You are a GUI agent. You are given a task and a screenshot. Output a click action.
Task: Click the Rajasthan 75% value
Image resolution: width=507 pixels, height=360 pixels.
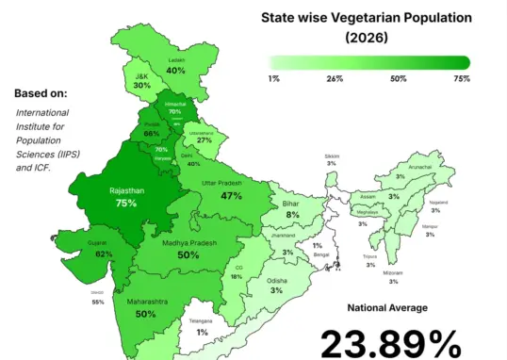(126, 203)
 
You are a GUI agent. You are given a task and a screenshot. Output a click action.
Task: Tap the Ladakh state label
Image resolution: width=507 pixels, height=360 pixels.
(175, 60)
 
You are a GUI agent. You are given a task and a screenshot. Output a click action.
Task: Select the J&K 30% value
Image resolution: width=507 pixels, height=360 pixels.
(142, 85)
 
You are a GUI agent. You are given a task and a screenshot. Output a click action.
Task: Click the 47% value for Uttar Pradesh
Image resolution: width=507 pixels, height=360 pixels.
(231, 196)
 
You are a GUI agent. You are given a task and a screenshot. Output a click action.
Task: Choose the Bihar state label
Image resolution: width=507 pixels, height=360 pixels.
(292, 203)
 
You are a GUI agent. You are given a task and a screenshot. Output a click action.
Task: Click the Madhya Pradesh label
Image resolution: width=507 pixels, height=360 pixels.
(188, 243)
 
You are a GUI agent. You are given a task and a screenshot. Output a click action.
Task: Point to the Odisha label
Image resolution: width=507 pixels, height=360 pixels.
(277, 280)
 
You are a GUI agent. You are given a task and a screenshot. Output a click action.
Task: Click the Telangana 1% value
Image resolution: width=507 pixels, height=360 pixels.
(203, 332)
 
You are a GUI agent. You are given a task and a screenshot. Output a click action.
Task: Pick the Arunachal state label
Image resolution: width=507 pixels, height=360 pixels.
(420, 166)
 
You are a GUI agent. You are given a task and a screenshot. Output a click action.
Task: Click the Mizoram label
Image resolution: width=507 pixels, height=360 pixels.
(393, 272)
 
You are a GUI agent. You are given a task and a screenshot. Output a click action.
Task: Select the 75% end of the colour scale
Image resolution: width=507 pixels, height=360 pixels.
(462, 78)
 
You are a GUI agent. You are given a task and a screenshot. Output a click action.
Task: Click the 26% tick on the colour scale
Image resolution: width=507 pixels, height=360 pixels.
(333, 78)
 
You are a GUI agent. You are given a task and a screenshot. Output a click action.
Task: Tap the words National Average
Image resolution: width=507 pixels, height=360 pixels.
(387, 308)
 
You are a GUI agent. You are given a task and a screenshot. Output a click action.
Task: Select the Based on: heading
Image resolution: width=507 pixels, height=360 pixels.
(48, 93)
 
